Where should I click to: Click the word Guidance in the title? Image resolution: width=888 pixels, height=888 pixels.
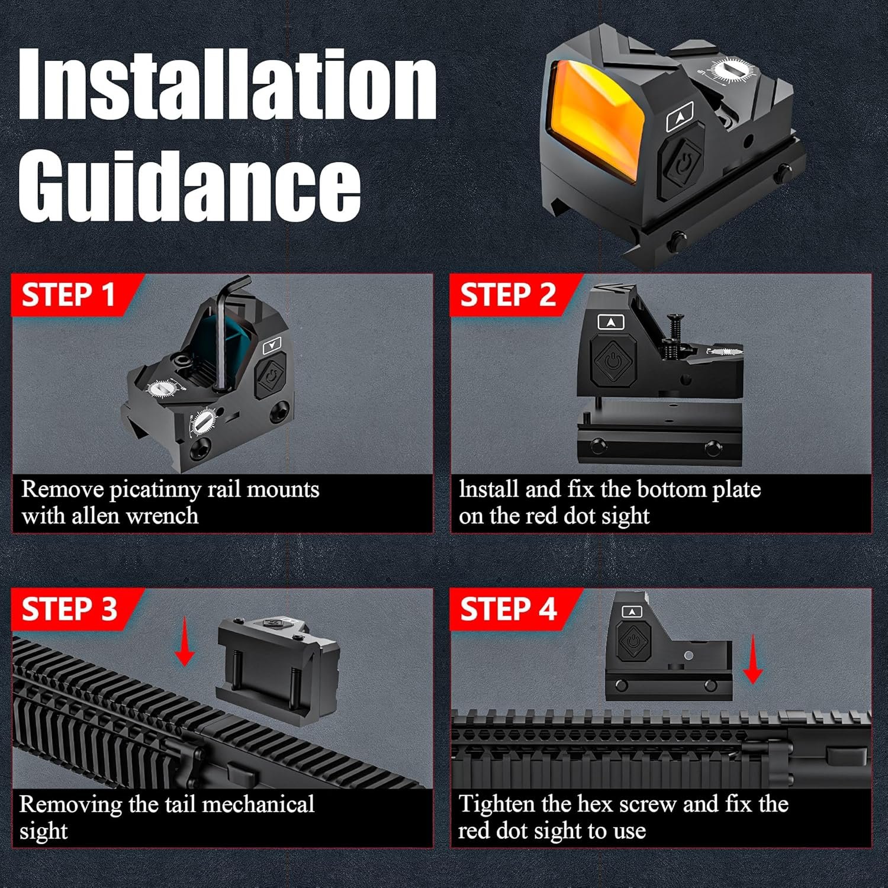(x=190, y=183)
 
